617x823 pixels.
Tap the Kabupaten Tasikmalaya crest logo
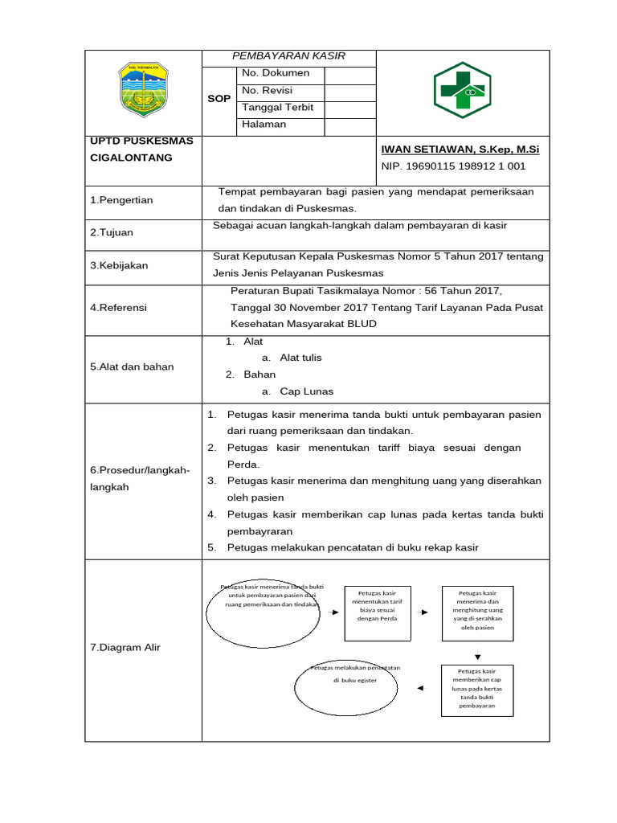coord(141,88)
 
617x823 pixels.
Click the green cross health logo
coord(462,91)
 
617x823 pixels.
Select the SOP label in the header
coord(219,99)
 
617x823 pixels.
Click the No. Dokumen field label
coord(276,73)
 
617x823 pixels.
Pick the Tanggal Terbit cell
coord(277,108)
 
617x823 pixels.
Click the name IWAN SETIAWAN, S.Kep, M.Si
coord(460,149)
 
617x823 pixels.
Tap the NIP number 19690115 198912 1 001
coord(453,166)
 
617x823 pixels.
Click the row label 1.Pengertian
coord(121,199)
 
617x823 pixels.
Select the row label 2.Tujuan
coord(112,232)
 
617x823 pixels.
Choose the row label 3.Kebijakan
coord(119,265)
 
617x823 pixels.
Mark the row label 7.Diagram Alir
coord(125,648)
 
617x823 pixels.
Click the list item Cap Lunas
coord(306,391)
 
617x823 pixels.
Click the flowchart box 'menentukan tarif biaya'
coord(378,612)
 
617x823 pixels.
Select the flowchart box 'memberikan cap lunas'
coord(476,689)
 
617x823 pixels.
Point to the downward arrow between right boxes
coord(477,656)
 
